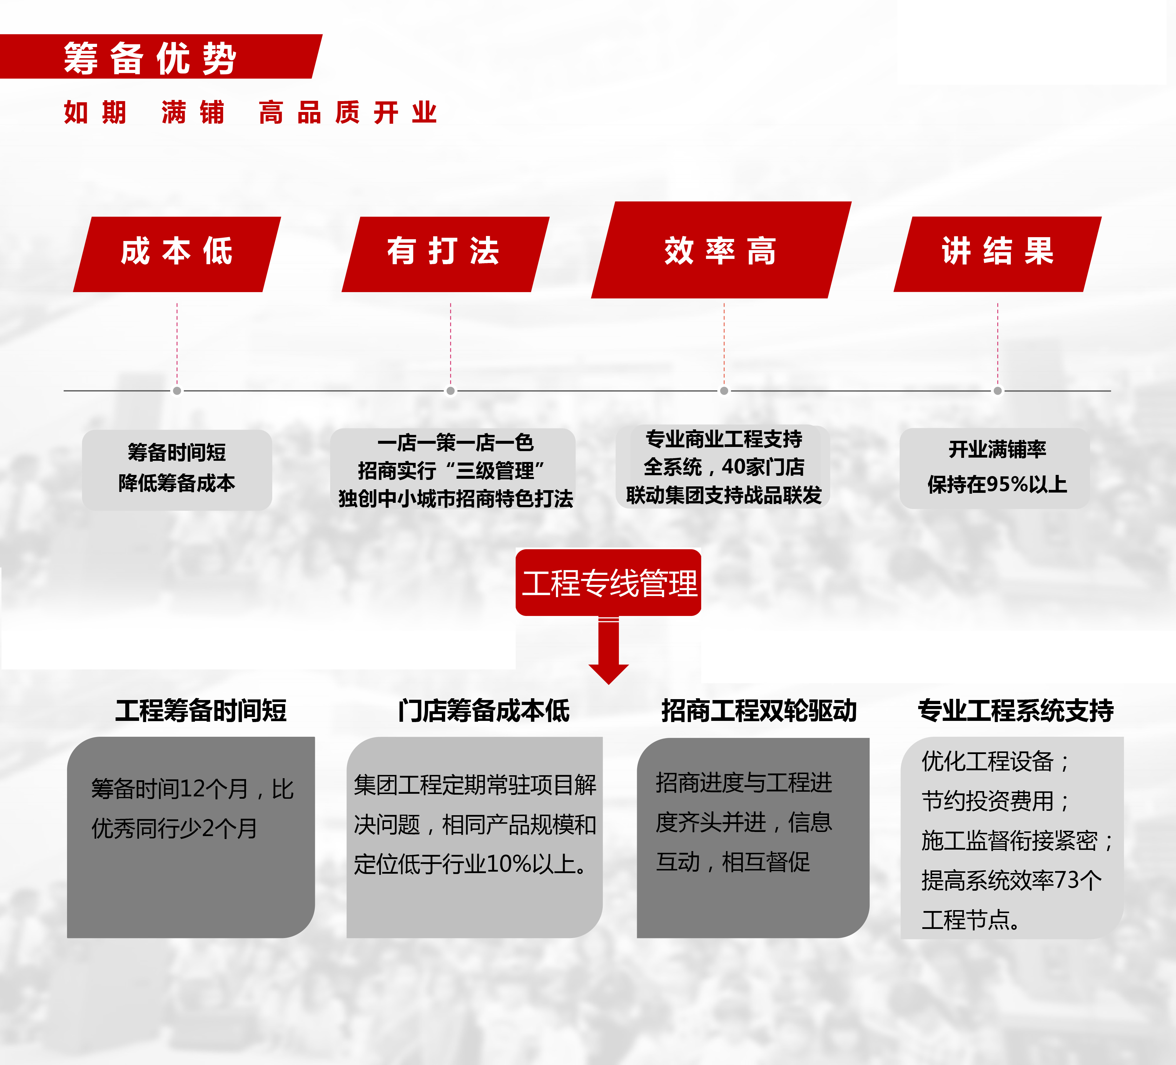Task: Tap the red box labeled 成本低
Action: point(177,254)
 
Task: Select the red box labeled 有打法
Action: point(445,254)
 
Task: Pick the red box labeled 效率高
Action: point(721,249)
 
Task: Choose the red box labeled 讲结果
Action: point(998,254)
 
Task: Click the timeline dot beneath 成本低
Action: point(177,391)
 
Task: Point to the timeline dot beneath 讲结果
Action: point(998,391)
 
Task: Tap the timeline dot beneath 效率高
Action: point(724,391)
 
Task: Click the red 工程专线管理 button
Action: point(608,583)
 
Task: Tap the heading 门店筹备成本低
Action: point(484,710)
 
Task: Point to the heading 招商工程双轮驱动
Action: point(759,710)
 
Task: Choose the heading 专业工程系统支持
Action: point(1015,710)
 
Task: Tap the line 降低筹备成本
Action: point(177,483)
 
